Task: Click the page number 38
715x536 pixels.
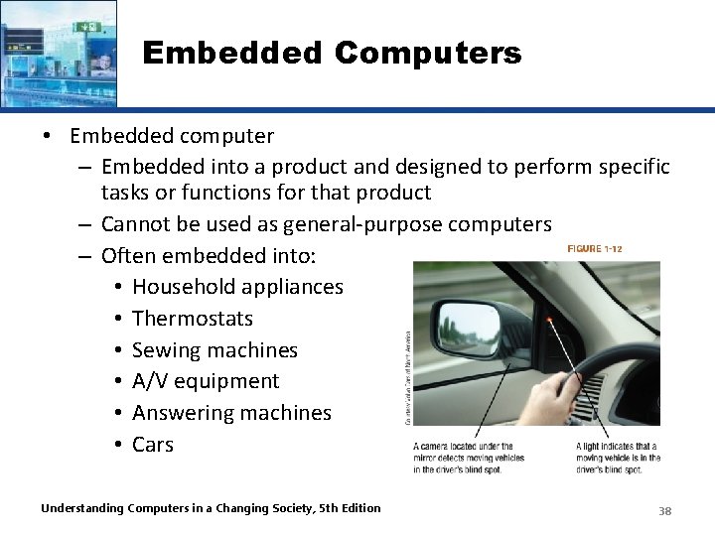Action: coord(665,510)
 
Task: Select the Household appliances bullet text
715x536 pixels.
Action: coord(237,287)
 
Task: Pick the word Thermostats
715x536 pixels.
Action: coord(193,319)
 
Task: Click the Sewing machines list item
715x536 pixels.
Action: coord(214,350)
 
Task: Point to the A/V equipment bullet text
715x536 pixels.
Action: coord(206,381)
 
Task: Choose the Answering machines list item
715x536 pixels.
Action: coord(231,413)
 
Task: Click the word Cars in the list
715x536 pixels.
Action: coord(153,445)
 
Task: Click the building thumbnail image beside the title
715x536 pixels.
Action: coord(58,53)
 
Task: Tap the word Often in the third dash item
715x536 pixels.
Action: coord(133,256)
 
